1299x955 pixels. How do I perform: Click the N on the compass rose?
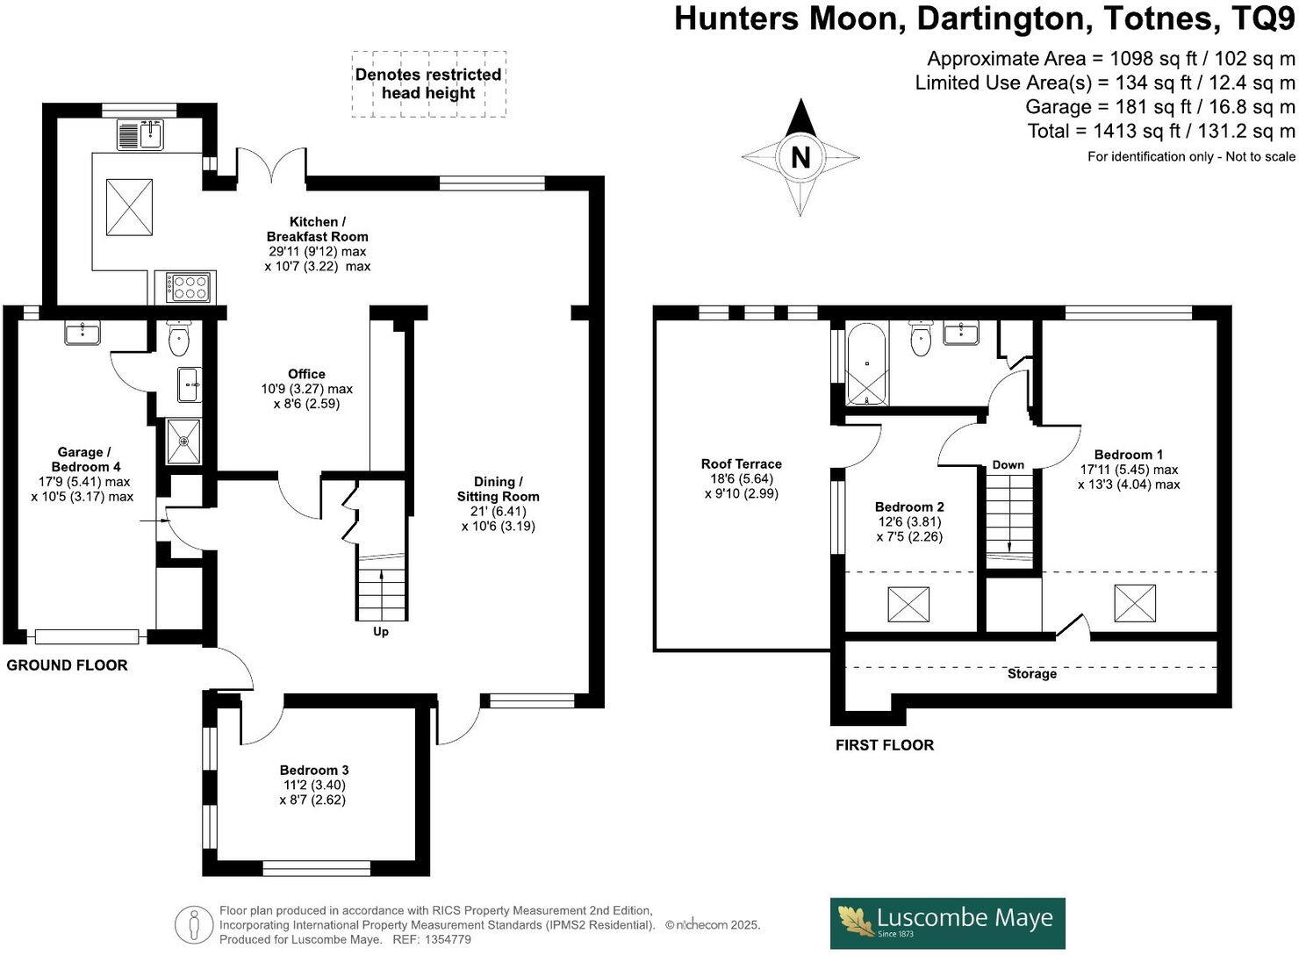(x=800, y=158)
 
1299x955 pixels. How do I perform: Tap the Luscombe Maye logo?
(x=947, y=923)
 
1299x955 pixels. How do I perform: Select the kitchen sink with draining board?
(x=140, y=134)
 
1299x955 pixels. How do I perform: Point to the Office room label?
(x=306, y=374)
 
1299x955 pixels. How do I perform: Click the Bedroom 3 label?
(x=315, y=770)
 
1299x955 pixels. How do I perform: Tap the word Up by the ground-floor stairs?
(x=381, y=631)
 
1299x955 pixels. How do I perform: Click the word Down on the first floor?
(x=1008, y=464)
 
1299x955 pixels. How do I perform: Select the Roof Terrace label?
(x=741, y=463)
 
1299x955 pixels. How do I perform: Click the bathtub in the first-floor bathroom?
(x=867, y=365)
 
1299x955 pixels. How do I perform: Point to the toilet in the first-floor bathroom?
(x=920, y=339)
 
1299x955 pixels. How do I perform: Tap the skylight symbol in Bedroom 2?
(x=908, y=605)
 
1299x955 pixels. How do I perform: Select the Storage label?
(x=1031, y=673)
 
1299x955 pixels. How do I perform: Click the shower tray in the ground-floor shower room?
(x=183, y=440)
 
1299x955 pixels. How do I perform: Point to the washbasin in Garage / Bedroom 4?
(x=83, y=333)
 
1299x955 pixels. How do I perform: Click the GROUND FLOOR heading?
(x=67, y=665)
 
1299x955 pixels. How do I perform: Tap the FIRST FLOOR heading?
(x=884, y=745)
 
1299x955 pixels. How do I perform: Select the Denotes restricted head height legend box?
(x=428, y=84)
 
